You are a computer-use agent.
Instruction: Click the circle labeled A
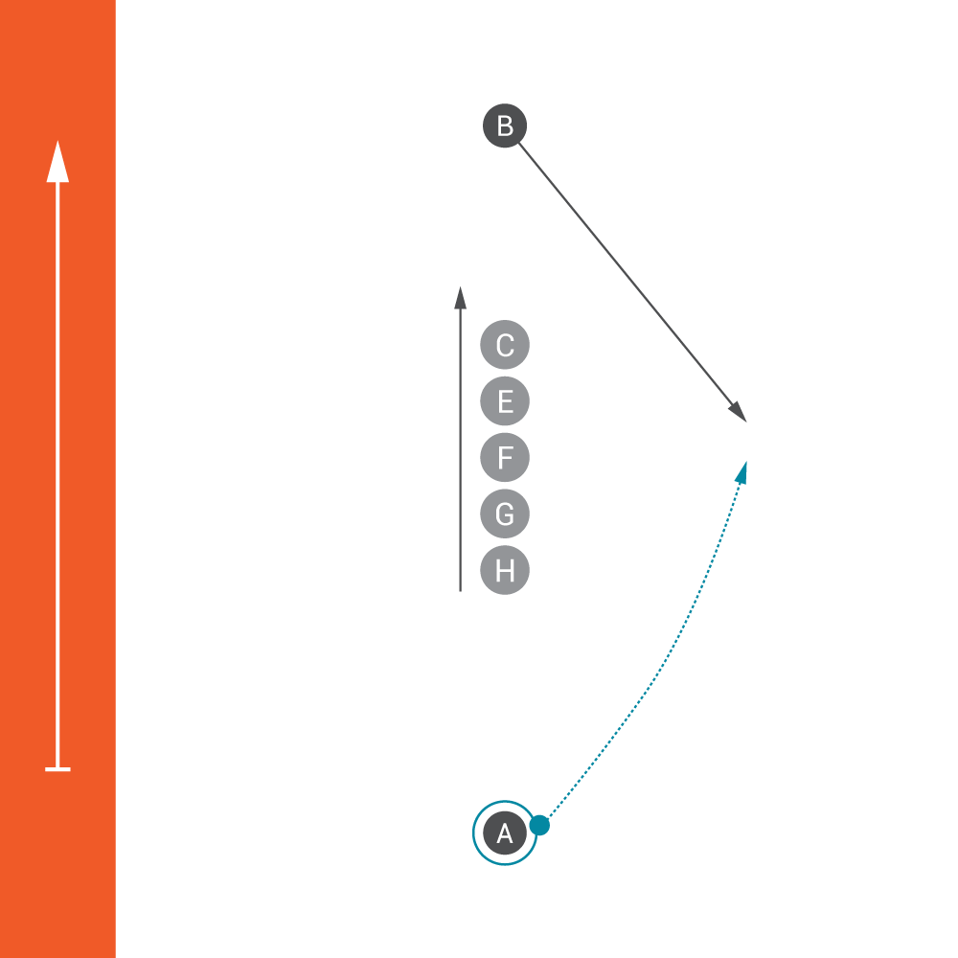pyautogui.click(x=504, y=833)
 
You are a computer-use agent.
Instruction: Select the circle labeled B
pyautogui.click(x=505, y=125)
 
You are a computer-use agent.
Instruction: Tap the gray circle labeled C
pyautogui.click(x=505, y=345)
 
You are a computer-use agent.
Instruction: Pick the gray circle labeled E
pyautogui.click(x=505, y=401)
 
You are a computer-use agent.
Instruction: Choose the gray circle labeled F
pyautogui.click(x=505, y=458)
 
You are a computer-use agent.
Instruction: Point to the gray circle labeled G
pyautogui.click(x=505, y=514)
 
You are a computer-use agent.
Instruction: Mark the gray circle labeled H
pyautogui.click(x=505, y=571)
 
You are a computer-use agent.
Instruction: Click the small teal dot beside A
pyautogui.click(x=539, y=825)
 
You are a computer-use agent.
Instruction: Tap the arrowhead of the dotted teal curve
pyautogui.click(x=741, y=470)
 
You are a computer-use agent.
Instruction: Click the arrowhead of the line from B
pyautogui.click(x=739, y=413)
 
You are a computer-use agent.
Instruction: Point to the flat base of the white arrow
pyautogui.click(x=57, y=768)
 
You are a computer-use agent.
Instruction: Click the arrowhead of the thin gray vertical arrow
pyautogui.click(x=460, y=297)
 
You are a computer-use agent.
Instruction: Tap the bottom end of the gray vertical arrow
pyautogui.click(x=460, y=589)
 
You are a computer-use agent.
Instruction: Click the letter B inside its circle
pyautogui.click(x=505, y=125)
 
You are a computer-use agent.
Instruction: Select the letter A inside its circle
pyautogui.click(x=504, y=833)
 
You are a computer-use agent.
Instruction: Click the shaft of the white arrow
pyautogui.click(x=57, y=479)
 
